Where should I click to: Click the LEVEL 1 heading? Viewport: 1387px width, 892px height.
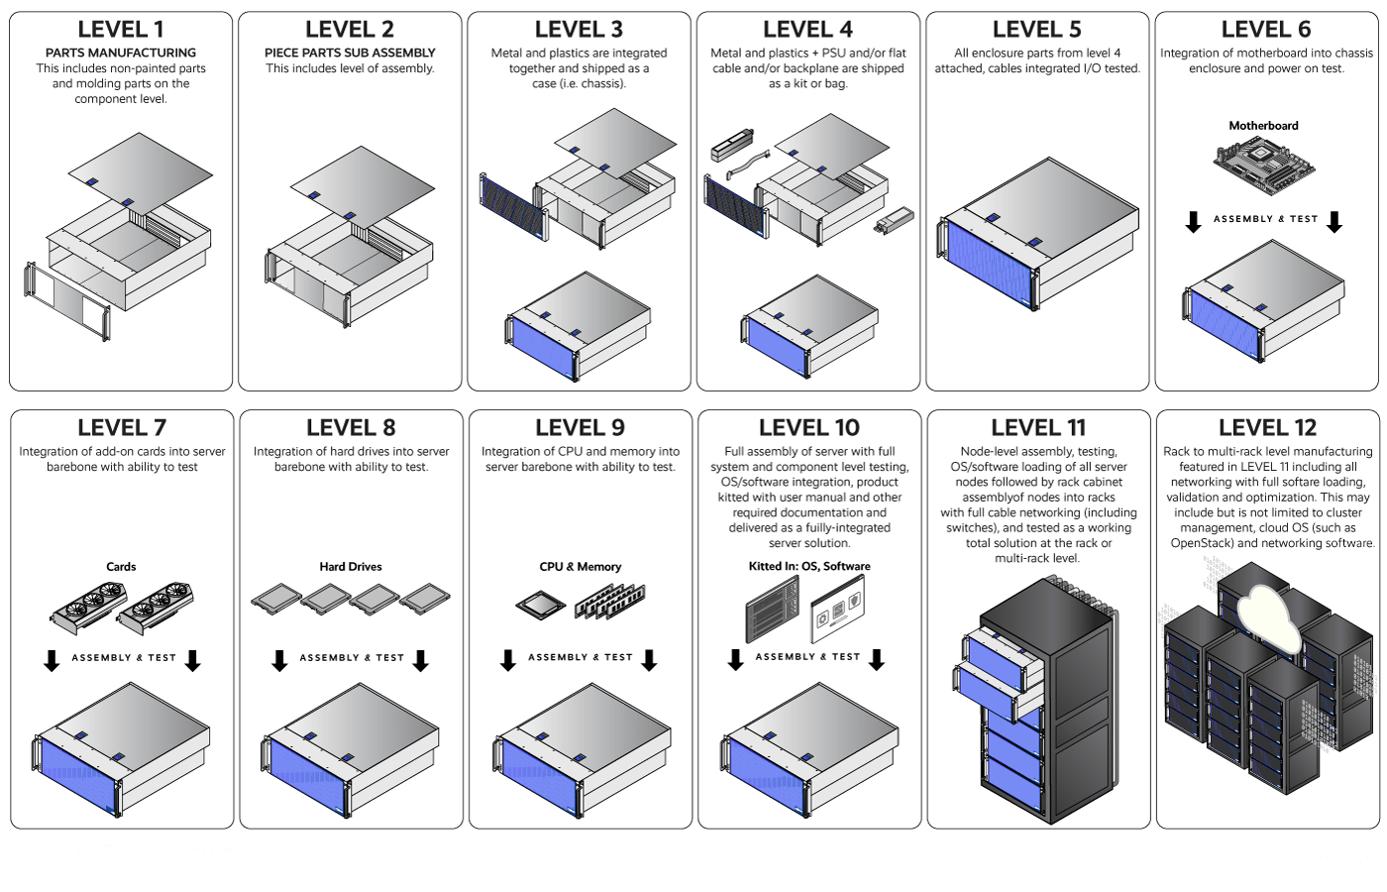coord(121,29)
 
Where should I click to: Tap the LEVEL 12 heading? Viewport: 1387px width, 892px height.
coord(1267,427)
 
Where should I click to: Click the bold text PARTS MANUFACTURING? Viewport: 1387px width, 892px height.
coord(121,53)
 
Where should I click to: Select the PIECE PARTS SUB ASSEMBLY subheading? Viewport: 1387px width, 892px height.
coord(350,53)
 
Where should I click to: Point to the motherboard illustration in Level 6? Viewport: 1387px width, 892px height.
coord(1264,166)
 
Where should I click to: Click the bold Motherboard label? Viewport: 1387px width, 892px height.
coord(1264,126)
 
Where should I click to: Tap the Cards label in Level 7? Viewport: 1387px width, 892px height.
coord(121,567)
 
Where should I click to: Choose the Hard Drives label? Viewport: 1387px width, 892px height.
coord(351,567)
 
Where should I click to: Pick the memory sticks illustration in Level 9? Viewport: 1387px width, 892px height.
coord(610,601)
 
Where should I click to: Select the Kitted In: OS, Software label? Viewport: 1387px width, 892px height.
coord(809,566)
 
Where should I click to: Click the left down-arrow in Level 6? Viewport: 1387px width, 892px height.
coord(1193,222)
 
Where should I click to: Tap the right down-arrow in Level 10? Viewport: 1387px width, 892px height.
coord(876,660)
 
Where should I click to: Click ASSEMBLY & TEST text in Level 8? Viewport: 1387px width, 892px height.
coord(352,658)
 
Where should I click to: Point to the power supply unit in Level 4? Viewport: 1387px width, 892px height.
coord(894,220)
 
